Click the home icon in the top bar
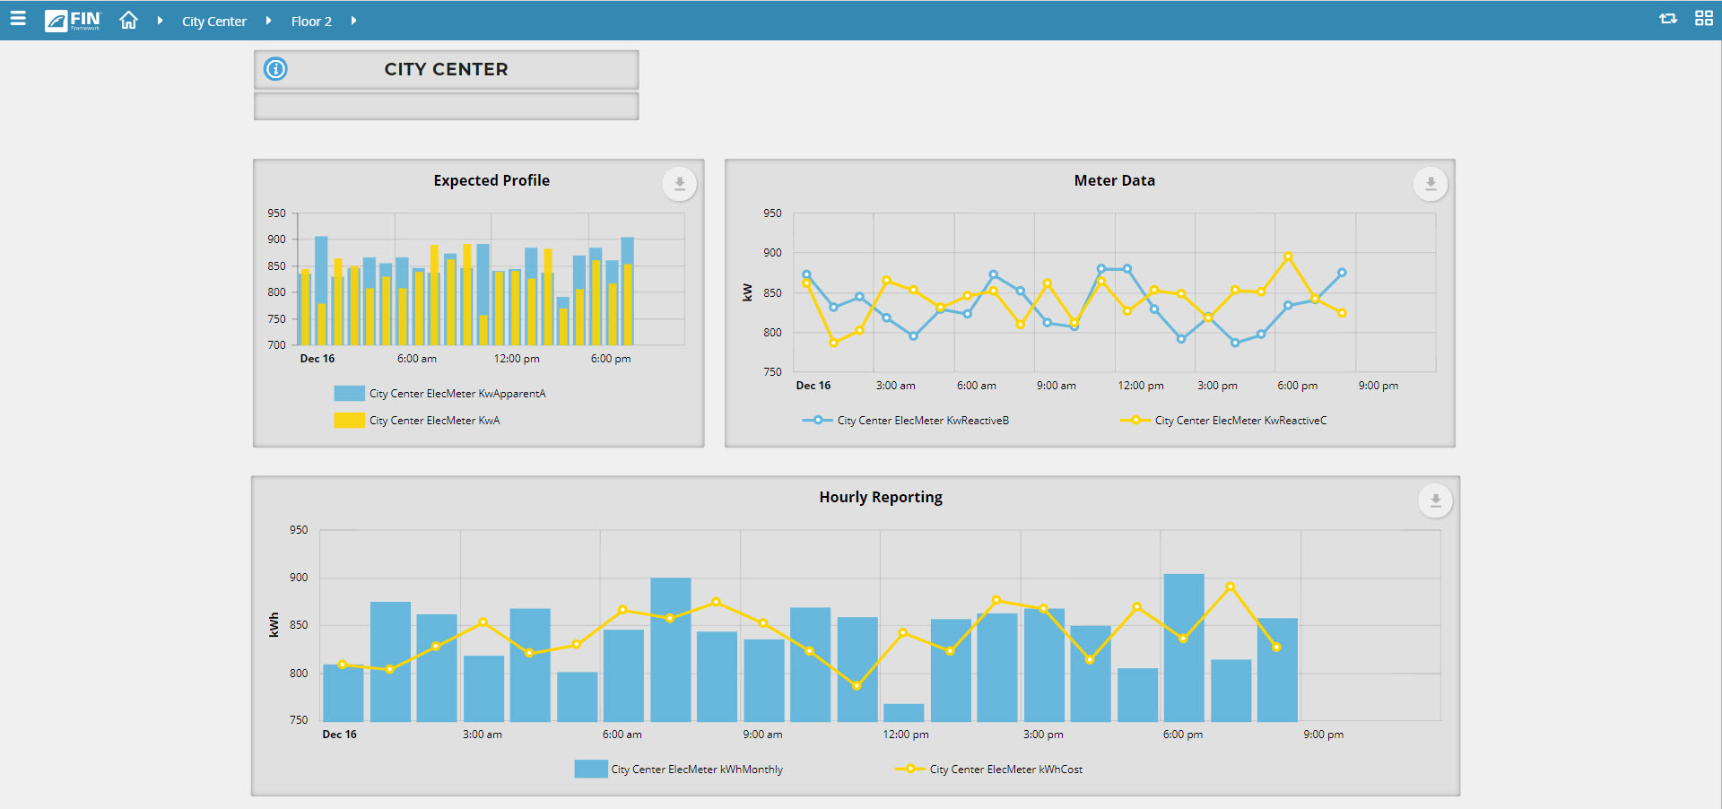[x=128, y=20]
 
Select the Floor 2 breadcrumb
[x=311, y=22]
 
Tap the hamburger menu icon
[x=18, y=19]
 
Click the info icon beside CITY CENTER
[x=275, y=69]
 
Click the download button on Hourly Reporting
[x=1435, y=500]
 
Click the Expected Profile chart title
[x=491, y=180]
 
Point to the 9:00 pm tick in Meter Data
[x=1378, y=386]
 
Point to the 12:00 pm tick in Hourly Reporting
[x=906, y=735]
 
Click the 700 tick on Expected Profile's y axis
[x=276, y=345]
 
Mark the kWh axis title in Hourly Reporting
[x=274, y=625]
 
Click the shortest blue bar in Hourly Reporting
[x=903, y=712]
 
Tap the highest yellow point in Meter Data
[x=1288, y=257]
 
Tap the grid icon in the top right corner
[x=1704, y=19]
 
